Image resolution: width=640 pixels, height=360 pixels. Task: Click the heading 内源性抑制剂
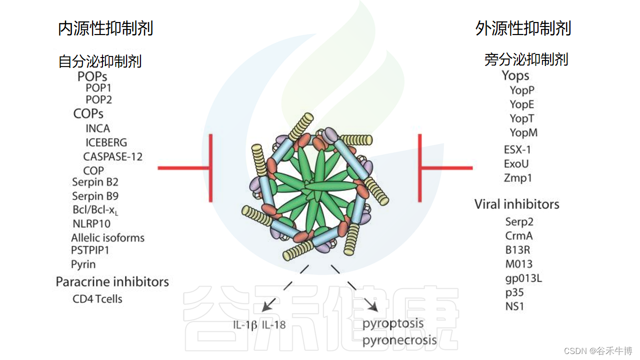pyautogui.click(x=105, y=28)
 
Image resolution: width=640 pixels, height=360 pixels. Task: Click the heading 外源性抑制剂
pyautogui.click(x=523, y=28)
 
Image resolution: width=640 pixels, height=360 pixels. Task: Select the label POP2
pyautogui.click(x=98, y=99)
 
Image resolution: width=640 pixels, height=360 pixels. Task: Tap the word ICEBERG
pyautogui.click(x=106, y=142)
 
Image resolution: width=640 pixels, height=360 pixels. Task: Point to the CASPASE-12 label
pyautogui.click(x=112, y=156)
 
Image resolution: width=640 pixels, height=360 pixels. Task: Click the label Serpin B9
pyautogui.click(x=95, y=196)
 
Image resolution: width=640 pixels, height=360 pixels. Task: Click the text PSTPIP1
pyautogui.click(x=90, y=250)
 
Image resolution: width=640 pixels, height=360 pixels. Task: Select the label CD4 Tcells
pyautogui.click(x=97, y=299)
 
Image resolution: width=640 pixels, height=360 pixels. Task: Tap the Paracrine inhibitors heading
pyautogui.click(x=112, y=281)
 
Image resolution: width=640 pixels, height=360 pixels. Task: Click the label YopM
pyautogui.click(x=523, y=132)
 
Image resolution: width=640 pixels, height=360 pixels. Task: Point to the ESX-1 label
pyautogui.click(x=517, y=149)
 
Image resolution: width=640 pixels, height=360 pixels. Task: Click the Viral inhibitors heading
pyautogui.click(x=516, y=204)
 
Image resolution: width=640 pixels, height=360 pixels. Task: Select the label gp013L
pyautogui.click(x=523, y=278)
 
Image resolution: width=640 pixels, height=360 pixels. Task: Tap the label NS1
pyautogui.click(x=514, y=306)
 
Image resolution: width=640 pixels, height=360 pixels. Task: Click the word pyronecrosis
pyautogui.click(x=399, y=341)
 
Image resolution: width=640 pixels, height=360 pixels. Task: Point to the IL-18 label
pyautogui.click(x=273, y=325)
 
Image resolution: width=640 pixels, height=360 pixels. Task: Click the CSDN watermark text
pyautogui.click(x=598, y=351)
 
